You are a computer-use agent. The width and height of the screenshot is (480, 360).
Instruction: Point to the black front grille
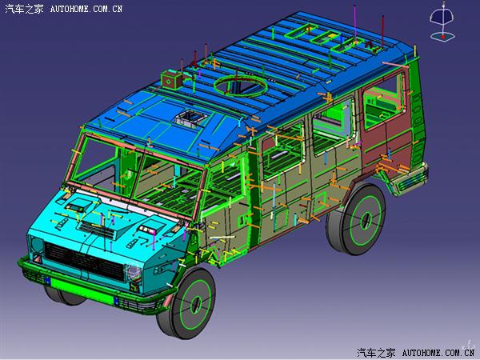pos(85,261)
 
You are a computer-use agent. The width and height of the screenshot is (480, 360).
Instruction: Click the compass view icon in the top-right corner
pos(442,22)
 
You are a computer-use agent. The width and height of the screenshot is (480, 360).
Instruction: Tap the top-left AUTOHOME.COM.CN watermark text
pos(86,9)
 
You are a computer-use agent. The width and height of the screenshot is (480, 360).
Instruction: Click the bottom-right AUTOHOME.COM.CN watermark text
pos(438,353)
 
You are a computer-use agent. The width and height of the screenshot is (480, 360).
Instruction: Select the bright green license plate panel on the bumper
pos(82,291)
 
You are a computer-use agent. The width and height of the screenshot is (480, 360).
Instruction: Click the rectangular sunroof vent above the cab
pos(190,118)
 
